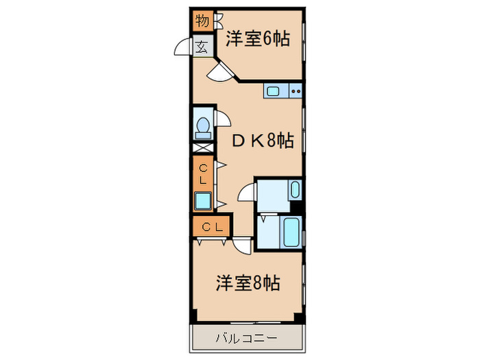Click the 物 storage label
(202, 21)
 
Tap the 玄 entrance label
(202, 47)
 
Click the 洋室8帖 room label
(248, 283)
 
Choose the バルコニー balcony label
(247, 338)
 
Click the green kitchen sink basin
(274, 90)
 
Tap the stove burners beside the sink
(296, 90)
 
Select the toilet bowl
(203, 125)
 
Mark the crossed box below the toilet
(203, 147)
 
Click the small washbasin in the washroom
(294, 189)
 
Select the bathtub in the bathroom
(291, 232)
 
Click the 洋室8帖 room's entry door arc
(242, 245)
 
